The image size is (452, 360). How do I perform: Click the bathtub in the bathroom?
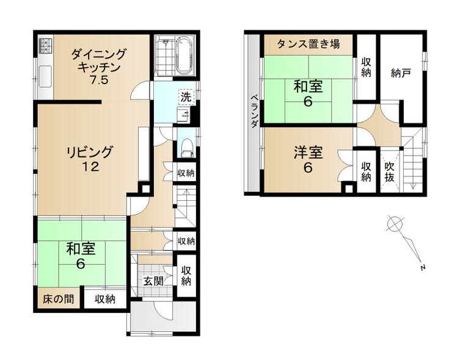(185, 56)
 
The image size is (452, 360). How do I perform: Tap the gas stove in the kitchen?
(45, 46)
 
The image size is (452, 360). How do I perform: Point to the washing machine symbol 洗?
(186, 97)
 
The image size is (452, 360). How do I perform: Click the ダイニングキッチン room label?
(98, 67)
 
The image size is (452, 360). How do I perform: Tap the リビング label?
(89, 152)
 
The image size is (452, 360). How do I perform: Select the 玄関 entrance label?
(153, 281)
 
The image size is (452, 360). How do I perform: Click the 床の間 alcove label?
(58, 299)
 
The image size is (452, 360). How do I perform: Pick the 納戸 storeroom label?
(401, 73)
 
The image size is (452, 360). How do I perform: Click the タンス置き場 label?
(308, 44)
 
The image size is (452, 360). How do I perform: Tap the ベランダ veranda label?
(254, 111)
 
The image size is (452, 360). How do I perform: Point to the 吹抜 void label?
(389, 172)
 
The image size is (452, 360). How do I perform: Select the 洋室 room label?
(308, 153)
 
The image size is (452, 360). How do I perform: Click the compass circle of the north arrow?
(395, 223)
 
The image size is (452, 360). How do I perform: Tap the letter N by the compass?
(423, 267)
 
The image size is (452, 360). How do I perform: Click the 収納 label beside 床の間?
(105, 300)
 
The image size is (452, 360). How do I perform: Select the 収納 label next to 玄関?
(186, 276)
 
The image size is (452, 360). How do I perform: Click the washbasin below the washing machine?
(183, 115)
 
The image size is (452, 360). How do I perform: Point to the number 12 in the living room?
(90, 167)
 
